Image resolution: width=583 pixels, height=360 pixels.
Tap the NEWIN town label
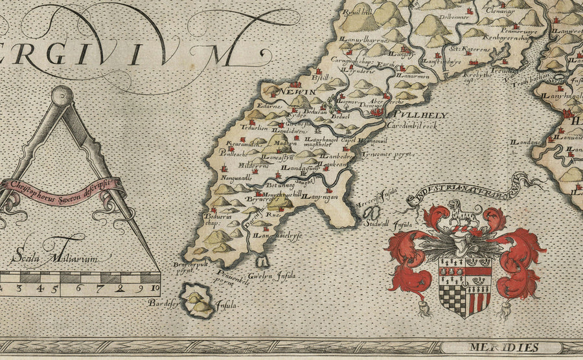(301, 93)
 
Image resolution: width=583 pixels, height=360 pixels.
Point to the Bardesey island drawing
(199, 300)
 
